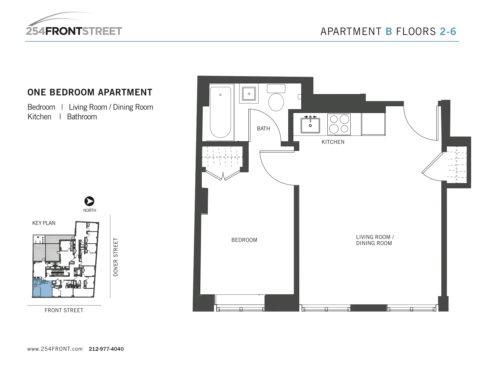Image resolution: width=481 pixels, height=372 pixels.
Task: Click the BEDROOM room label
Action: tap(244, 240)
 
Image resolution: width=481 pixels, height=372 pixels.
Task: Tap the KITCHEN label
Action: tap(333, 142)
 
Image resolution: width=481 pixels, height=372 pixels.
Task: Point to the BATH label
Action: tap(263, 129)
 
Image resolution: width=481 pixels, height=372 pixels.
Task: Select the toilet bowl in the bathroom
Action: tap(276, 102)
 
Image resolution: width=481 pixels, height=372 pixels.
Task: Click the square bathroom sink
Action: tap(249, 94)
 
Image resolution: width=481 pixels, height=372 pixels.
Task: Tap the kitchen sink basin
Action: tap(310, 125)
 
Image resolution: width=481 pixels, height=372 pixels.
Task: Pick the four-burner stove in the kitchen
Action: tap(339, 124)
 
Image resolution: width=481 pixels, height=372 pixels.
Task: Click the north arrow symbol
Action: tap(89, 201)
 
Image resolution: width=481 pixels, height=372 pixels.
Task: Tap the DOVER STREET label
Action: tap(116, 257)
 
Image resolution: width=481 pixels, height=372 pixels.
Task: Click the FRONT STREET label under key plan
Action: tap(64, 310)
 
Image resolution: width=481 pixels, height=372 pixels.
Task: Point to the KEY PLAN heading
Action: tap(44, 223)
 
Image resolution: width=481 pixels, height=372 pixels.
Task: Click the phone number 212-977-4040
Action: tap(106, 349)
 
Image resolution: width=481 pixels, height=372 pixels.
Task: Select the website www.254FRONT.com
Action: tap(55, 349)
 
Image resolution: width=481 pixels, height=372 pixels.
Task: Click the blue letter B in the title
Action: tap(389, 32)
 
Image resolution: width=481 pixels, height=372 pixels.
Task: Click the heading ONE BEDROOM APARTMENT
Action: tap(90, 92)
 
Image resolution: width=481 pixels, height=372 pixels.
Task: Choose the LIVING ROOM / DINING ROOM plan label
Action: tap(375, 240)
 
